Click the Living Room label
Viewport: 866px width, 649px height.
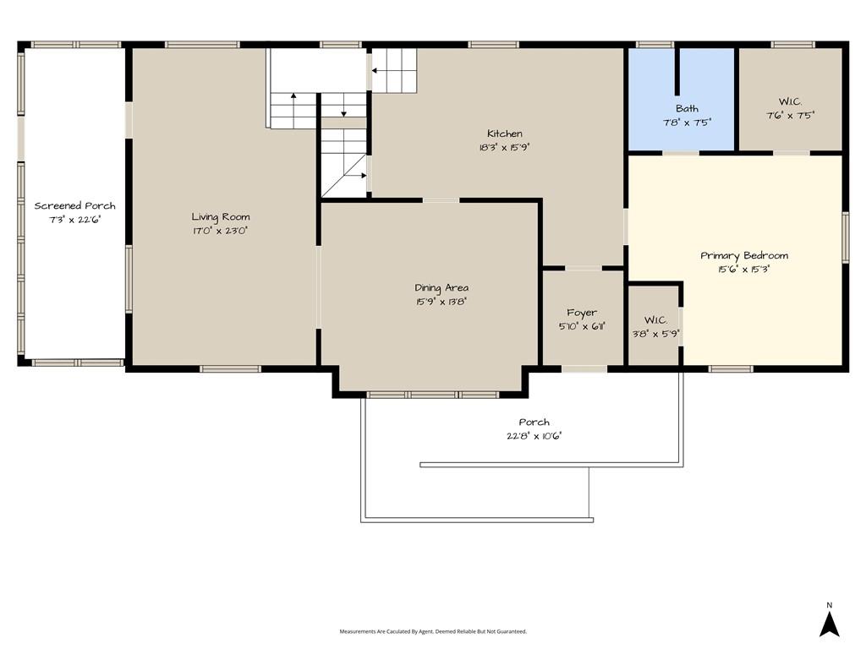221,217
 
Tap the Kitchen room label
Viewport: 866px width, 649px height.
505,134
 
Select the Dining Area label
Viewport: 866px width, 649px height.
441,287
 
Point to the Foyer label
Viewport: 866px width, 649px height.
582,313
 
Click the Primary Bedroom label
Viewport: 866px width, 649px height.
744,255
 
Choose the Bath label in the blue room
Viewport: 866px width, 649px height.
687,109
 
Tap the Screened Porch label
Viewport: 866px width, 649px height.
74,206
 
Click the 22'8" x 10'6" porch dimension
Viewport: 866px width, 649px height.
534,435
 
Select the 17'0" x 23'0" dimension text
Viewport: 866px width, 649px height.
221,231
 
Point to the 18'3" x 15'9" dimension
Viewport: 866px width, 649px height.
505,147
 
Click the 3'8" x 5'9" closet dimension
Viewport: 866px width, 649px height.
655,333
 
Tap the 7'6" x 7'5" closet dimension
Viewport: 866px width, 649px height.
791,115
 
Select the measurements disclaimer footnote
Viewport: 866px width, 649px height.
433,631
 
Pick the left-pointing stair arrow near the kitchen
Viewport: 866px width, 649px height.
381,71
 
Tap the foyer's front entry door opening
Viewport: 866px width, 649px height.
584,368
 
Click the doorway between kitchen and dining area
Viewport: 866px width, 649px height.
441,200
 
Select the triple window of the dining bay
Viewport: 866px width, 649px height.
433,395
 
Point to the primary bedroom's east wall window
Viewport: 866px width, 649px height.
846,237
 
